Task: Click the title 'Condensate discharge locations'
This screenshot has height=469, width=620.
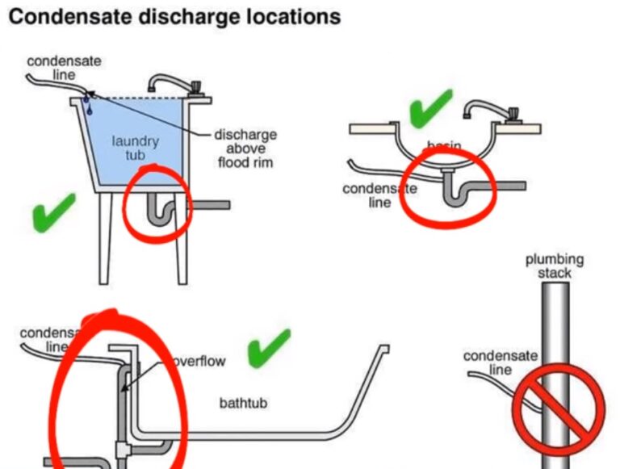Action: pyautogui.click(x=174, y=17)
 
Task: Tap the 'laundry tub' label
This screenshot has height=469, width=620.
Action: pyautogui.click(x=136, y=148)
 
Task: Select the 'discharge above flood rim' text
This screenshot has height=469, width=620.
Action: pyautogui.click(x=245, y=148)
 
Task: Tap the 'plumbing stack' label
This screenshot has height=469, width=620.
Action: pyautogui.click(x=554, y=266)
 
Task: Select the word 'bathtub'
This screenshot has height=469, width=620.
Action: pyautogui.click(x=243, y=402)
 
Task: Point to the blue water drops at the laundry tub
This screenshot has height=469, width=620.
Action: pyautogui.click(x=88, y=103)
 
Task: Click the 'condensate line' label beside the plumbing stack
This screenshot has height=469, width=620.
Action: pyautogui.click(x=494, y=362)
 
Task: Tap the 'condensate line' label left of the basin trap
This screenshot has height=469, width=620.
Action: pyautogui.click(x=379, y=195)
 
